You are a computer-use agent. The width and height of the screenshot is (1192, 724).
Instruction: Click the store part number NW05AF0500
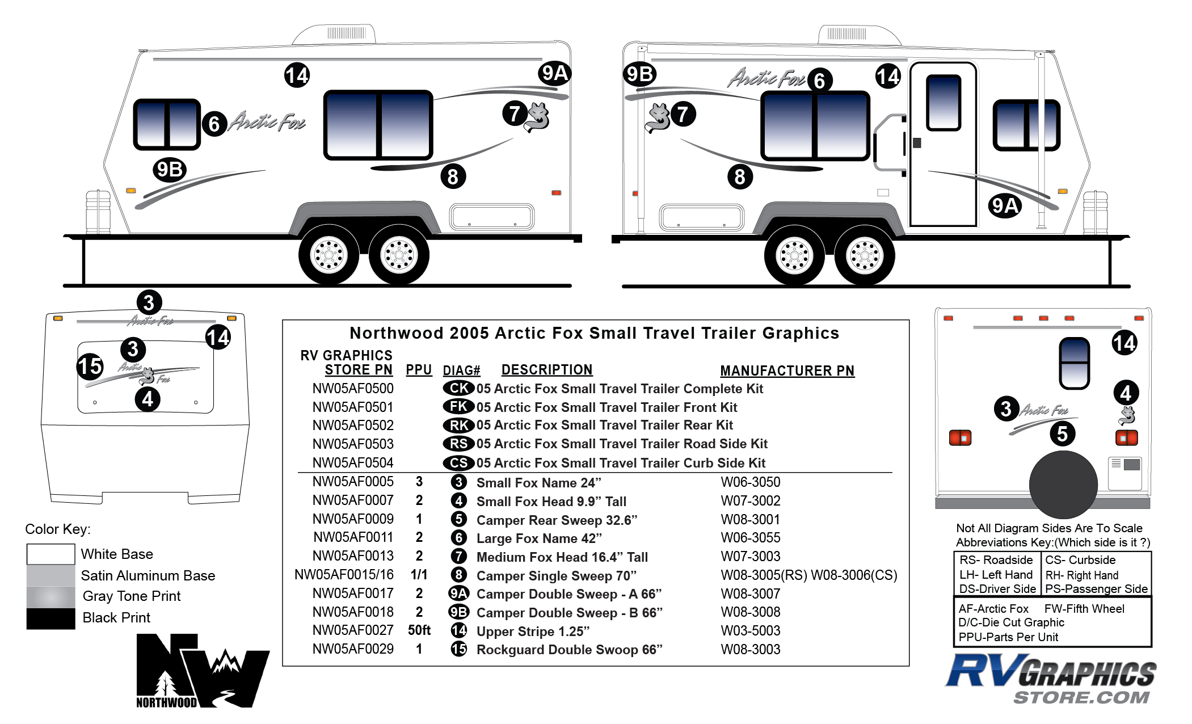click(x=352, y=389)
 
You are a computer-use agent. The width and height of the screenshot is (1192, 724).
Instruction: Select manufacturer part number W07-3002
click(x=750, y=501)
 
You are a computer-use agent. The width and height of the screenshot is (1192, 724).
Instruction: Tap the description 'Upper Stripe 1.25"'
click(x=533, y=632)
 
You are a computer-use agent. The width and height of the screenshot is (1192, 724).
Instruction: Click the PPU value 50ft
click(x=419, y=630)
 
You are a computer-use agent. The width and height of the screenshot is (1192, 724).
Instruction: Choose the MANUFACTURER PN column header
click(x=787, y=371)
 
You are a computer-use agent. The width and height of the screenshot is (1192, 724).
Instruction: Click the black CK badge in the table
click(x=458, y=388)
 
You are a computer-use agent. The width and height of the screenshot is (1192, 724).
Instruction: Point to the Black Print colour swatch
click(x=50, y=618)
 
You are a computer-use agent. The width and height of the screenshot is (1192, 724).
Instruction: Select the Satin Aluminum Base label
click(x=148, y=576)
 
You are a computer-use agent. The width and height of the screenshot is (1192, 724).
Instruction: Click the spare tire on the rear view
click(x=1063, y=484)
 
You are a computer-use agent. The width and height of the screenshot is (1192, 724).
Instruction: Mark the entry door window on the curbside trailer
click(x=943, y=103)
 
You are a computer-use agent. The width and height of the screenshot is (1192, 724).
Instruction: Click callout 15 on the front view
click(x=90, y=367)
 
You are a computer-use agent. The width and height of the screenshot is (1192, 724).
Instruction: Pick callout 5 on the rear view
click(x=1062, y=434)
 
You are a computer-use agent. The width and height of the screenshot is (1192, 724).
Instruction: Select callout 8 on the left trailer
click(x=453, y=177)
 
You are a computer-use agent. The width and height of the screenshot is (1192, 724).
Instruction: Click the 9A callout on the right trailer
click(x=1004, y=206)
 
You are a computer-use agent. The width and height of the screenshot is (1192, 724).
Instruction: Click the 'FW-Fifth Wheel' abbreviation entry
click(x=1084, y=609)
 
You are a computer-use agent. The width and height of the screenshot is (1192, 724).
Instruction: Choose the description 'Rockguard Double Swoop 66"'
click(x=569, y=650)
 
